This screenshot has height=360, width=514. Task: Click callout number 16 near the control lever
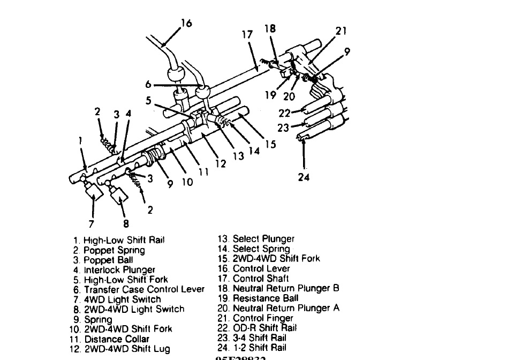click(186, 24)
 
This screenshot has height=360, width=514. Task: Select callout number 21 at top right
click(341, 31)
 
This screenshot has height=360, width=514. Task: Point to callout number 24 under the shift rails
click(304, 177)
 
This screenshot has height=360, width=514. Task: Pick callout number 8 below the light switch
click(126, 224)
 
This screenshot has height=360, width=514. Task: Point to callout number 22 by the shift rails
click(284, 113)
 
